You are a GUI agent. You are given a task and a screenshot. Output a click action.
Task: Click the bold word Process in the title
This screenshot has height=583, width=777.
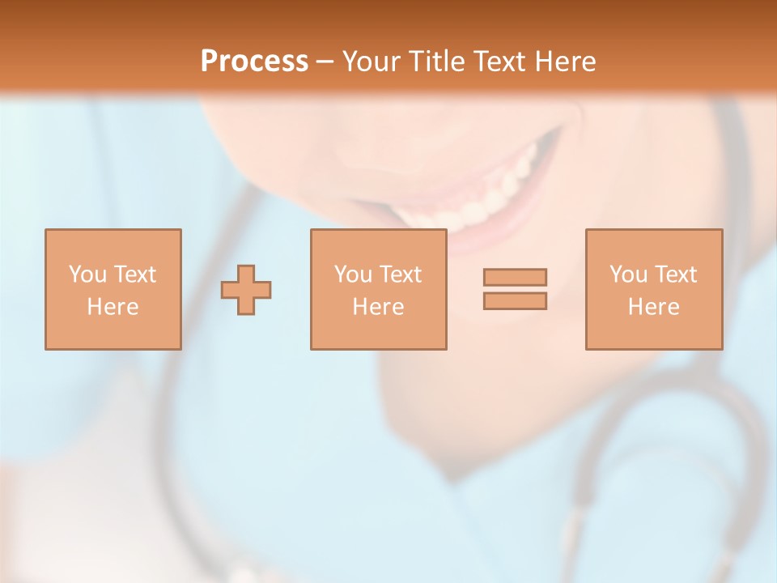(254, 62)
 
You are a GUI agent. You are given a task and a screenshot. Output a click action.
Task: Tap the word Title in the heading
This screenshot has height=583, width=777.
(437, 62)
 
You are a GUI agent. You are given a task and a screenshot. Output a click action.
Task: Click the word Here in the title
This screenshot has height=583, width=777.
(566, 62)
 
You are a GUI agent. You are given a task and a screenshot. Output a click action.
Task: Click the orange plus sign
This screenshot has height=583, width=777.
(246, 290)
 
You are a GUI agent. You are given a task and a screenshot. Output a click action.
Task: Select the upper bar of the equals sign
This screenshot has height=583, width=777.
(515, 277)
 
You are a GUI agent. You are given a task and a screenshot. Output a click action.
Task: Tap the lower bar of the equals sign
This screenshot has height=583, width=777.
(515, 301)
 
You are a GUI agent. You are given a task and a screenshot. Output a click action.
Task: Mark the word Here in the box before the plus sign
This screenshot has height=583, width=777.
(113, 307)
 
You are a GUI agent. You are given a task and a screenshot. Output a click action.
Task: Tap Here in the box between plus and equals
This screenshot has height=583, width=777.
(378, 307)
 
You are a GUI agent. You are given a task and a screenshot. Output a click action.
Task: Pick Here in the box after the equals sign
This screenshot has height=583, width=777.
(653, 307)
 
